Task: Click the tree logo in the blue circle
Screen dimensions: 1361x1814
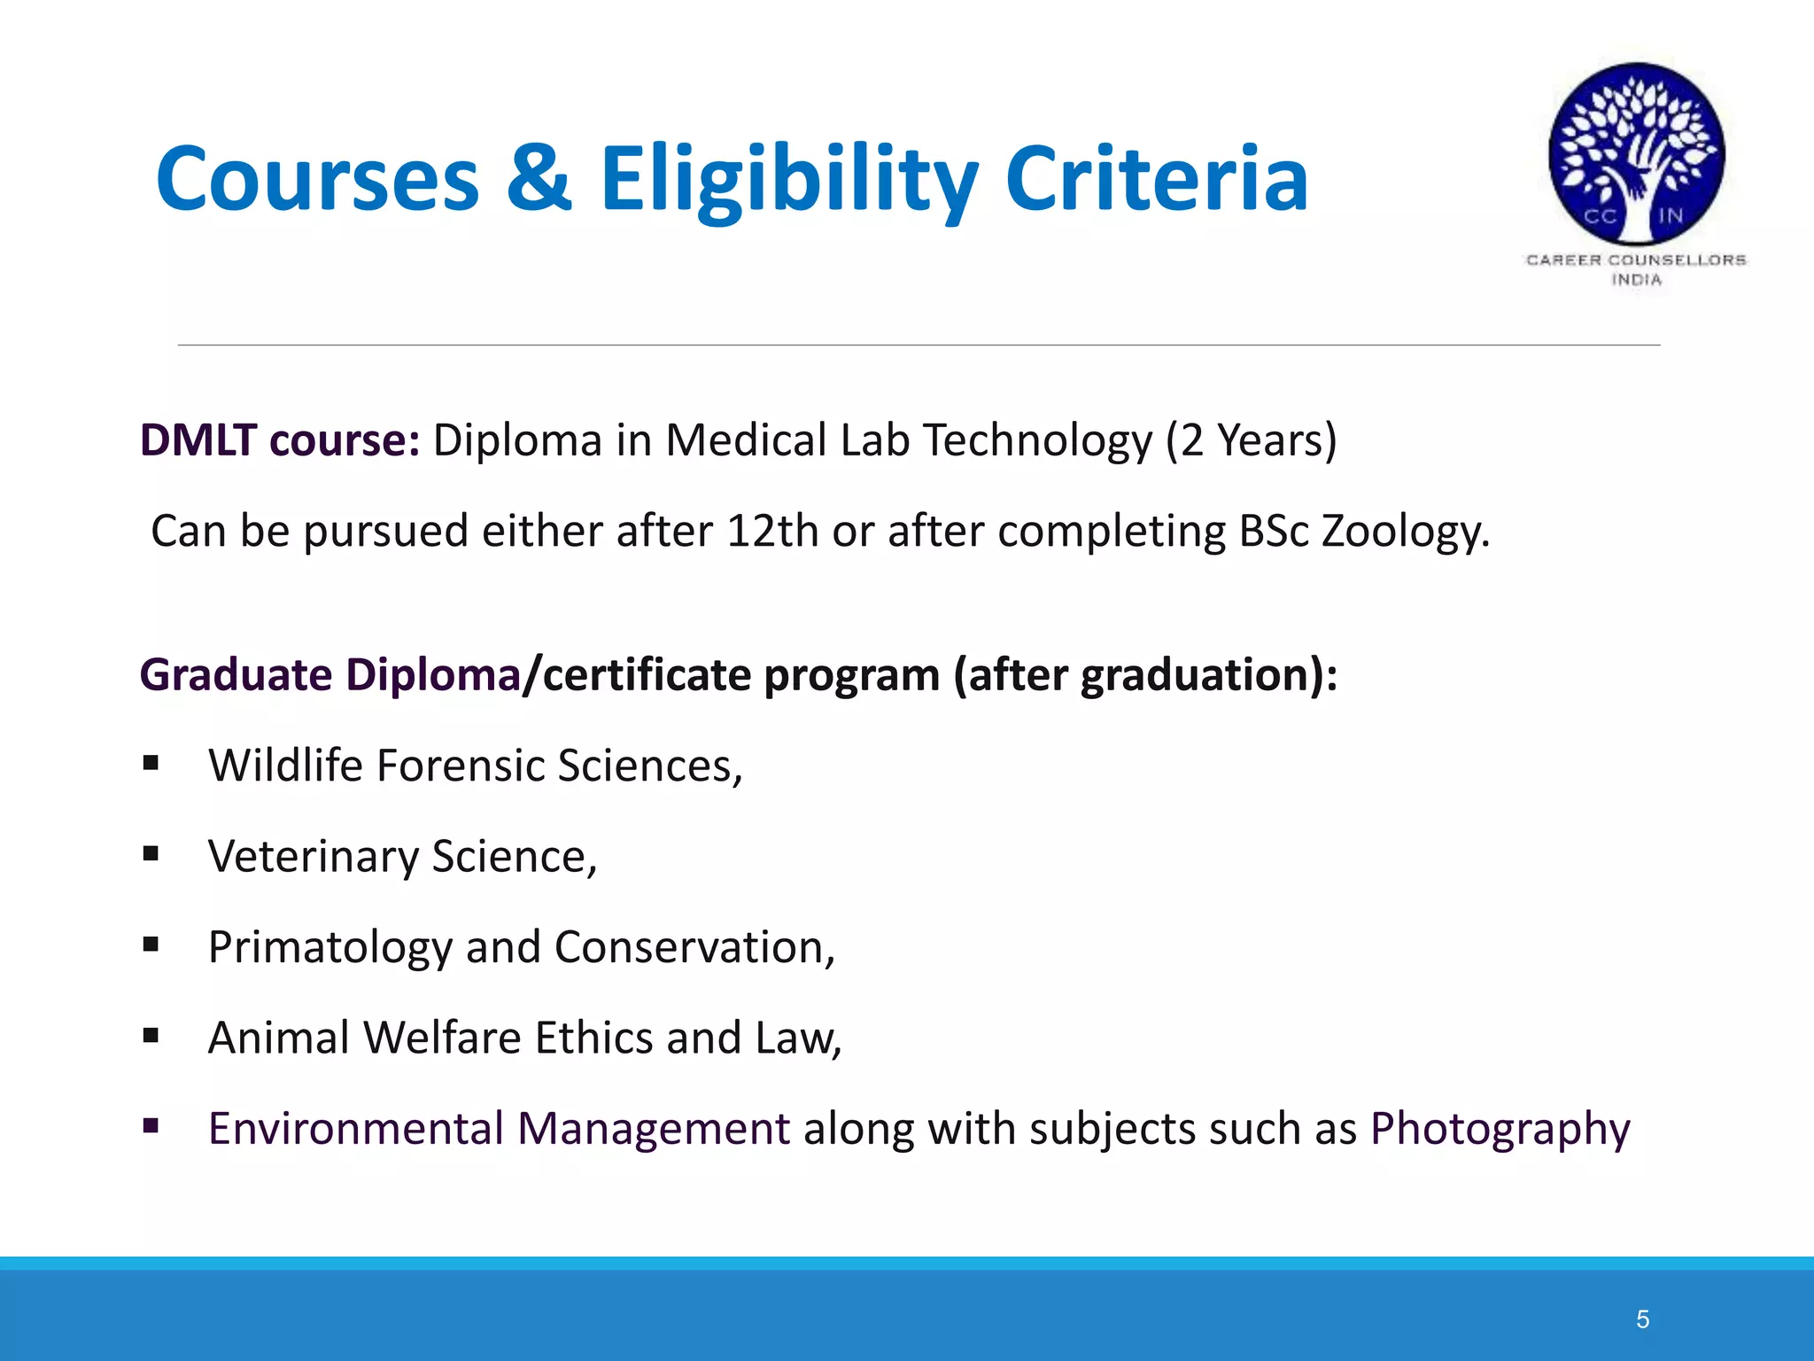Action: [1636, 153]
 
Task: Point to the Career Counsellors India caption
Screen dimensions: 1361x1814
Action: [1636, 269]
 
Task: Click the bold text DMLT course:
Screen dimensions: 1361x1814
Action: [280, 440]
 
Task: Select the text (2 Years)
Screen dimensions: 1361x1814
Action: [1251, 440]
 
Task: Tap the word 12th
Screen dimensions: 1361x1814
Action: [771, 532]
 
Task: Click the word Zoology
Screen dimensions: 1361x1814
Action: [1405, 532]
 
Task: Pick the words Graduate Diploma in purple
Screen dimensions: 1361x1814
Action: [329, 675]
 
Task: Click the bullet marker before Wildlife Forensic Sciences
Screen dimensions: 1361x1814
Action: [151, 763]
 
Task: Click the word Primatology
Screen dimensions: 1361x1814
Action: [329, 948]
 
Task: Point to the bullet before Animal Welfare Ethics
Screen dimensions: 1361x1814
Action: [151, 1035]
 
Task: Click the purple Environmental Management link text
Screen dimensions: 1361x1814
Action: [499, 1130]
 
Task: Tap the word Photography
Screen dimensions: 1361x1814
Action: [1500, 1130]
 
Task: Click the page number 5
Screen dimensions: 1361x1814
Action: [1642, 1319]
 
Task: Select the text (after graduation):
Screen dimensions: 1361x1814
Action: [1144, 675]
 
